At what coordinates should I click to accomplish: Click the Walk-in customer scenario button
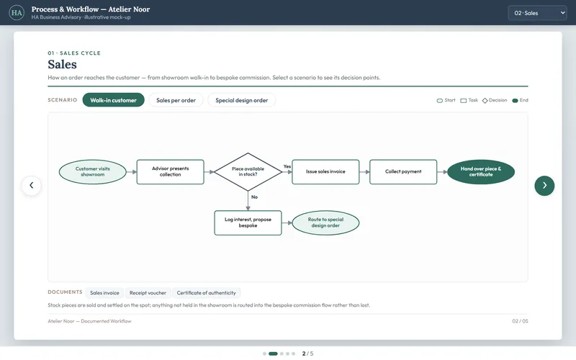point(113,100)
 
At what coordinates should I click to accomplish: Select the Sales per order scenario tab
point(176,100)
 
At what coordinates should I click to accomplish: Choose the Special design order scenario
point(242,100)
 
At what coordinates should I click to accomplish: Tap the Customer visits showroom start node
point(93,171)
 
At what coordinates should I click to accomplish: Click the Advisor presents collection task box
point(171,171)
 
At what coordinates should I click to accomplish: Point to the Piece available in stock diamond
point(248,171)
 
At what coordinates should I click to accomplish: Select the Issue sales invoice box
point(325,171)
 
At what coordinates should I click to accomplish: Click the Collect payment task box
point(403,171)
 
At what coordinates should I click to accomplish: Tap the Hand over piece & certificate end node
point(481,171)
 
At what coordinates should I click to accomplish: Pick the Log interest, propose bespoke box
point(248,222)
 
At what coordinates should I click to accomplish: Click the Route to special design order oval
point(325,222)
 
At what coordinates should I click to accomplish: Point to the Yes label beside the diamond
point(287,166)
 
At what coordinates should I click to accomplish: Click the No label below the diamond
point(254,197)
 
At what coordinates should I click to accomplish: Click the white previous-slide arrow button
point(31,186)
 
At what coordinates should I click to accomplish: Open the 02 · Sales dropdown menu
point(537,13)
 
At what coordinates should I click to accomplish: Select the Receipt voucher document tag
point(148,293)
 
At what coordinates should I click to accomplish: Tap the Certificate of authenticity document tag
point(206,293)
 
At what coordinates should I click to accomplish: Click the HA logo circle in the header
point(17,13)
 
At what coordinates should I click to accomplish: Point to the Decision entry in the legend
point(495,100)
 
